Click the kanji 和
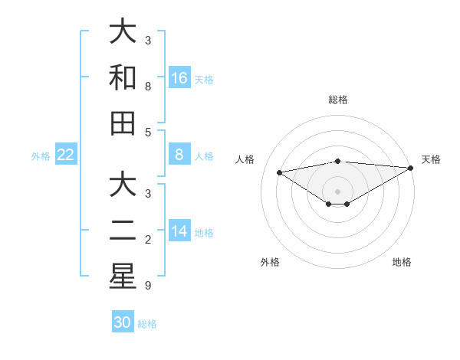(x=123, y=77)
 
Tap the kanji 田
(x=123, y=123)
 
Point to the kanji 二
(x=123, y=231)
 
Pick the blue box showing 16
(x=179, y=77)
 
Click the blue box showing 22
(x=66, y=155)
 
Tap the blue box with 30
(x=123, y=322)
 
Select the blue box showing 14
(x=179, y=231)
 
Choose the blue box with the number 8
(x=179, y=155)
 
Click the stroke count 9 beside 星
(x=148, y=286)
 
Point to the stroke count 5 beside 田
(x=148, y=132)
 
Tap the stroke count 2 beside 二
(x=148, y=241)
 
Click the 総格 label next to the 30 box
(x=147, y=324)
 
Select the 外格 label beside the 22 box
(x=41, y=156)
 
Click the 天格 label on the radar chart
(x=431, y=159)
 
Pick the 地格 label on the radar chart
(x=402, y=262)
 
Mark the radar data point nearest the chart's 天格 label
(x=411, y=168)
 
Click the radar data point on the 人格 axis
(x=279, y=172)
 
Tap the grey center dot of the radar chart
(x=337, y=191)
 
